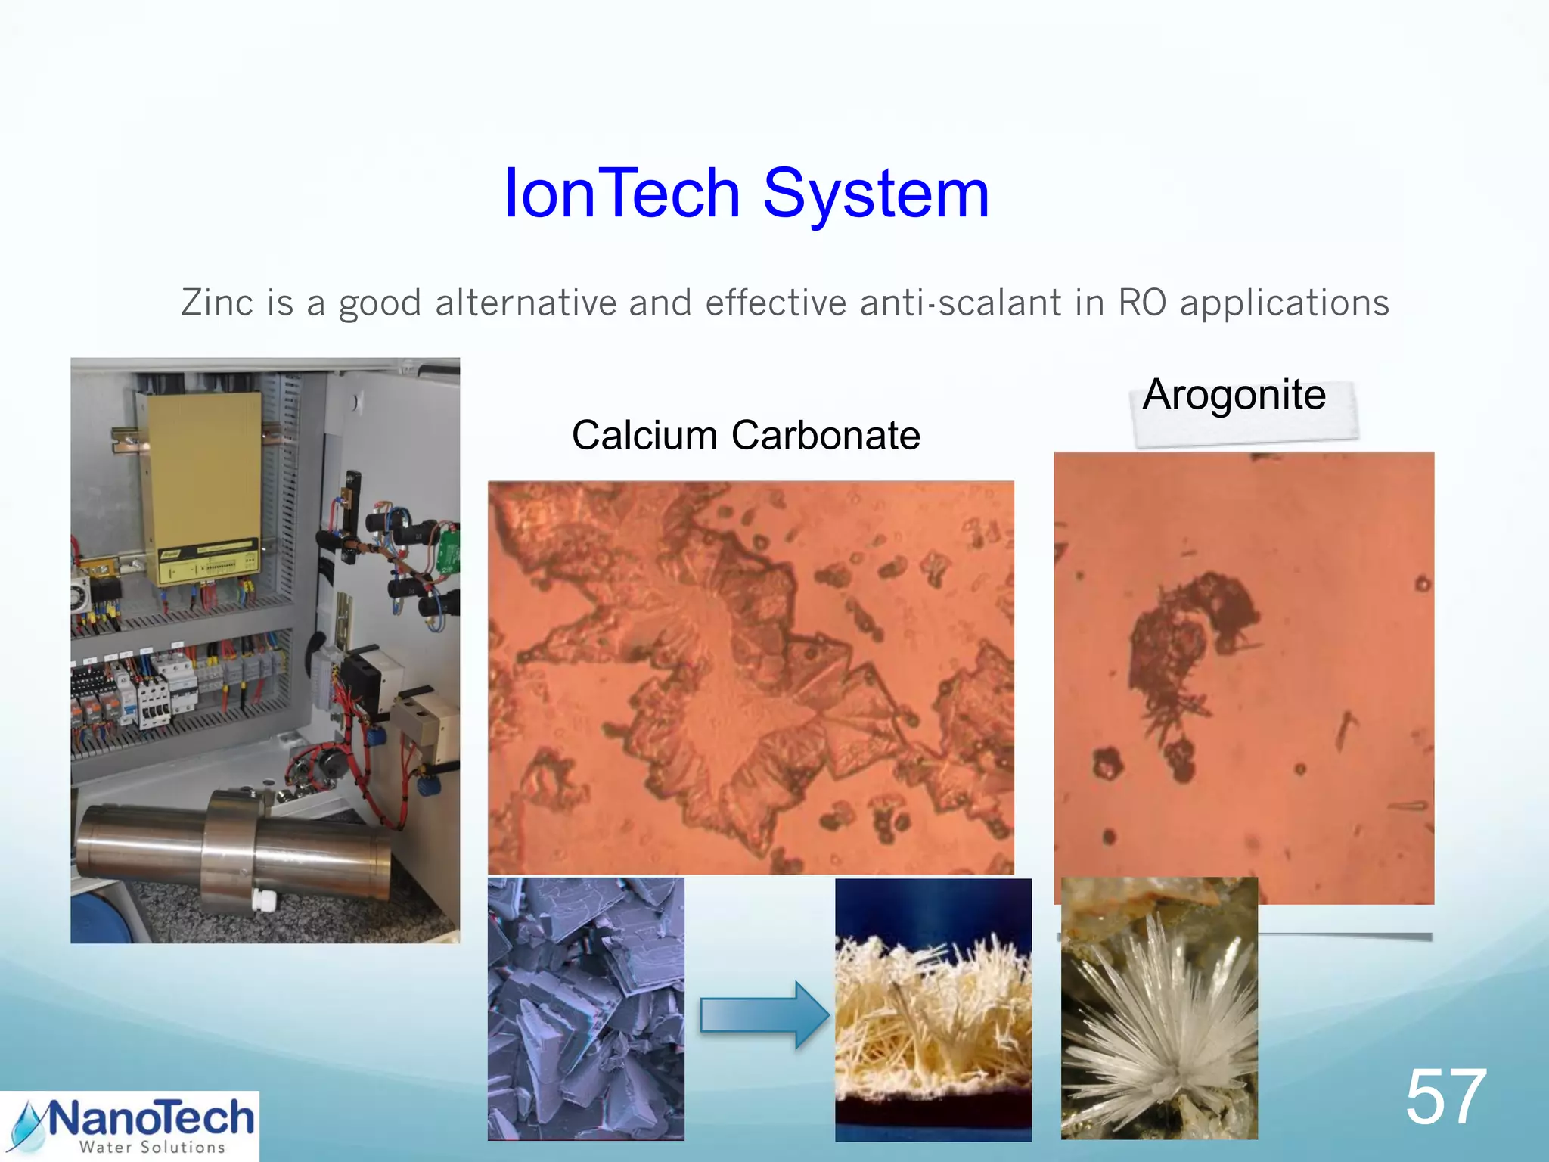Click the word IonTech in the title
pos(622,194)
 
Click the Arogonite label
pos(1234,395)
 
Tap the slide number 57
pos(1445,1097)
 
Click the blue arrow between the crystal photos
pos(764,1014)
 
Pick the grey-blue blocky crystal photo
pos(585,1008)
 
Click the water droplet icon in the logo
pos(29,1127)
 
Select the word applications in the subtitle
pos(1284,303)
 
